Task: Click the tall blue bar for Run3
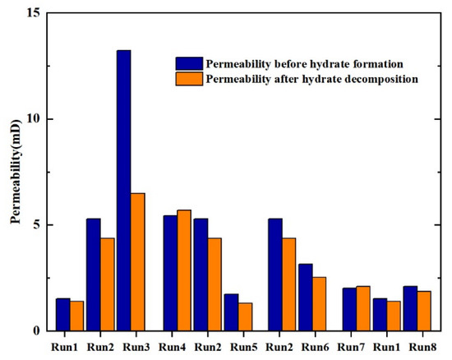pyautogui.click(x=123, y=190)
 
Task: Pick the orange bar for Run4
pyautogui.click(x=184, y=270)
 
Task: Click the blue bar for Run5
pyautogui.click(x=230, y=312)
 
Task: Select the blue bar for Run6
pyautogui.click(x=305, y=297)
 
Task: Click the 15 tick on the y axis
pyautogui.click(x=32, y=13)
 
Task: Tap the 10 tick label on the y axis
pyautogui.click(x=32, y=119)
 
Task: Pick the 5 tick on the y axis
pyautogui.click(x=35, y=224)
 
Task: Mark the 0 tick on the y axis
pyautogui.click(x=35, y=330)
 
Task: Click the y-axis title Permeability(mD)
pyautogui.click(x=14, y=173)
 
